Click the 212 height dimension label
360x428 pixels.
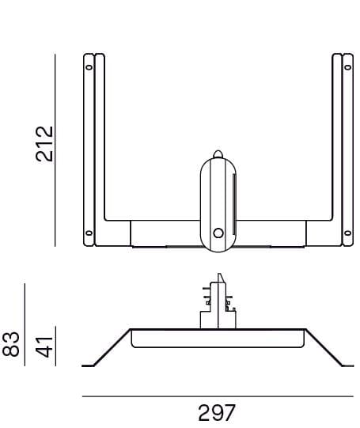45,142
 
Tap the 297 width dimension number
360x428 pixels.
217,412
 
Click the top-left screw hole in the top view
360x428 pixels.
89,67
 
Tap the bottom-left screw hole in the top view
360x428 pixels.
89,233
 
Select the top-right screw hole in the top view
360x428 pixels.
347,67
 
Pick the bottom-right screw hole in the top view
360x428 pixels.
347,233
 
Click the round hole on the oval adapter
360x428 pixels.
218,233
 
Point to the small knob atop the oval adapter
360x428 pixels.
218,153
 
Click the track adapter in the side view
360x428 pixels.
218,305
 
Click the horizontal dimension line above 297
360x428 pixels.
217,396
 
